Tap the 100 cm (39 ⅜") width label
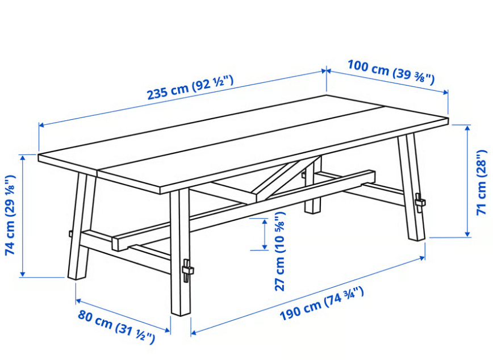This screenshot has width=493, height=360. point(391,72)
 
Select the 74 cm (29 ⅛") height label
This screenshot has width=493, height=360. point(10,215)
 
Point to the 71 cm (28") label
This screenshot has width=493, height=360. point(482,182)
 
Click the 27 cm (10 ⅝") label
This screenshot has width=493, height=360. point(279,251)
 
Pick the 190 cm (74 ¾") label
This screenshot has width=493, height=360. point(321,303)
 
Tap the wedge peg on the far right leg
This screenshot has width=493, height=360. point(420,203)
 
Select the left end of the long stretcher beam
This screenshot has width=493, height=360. point(116,243)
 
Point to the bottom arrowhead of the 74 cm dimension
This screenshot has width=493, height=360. point(22,274)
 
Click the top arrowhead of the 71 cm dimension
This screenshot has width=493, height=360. point(467,128)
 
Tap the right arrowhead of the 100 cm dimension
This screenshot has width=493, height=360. point(445,92)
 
